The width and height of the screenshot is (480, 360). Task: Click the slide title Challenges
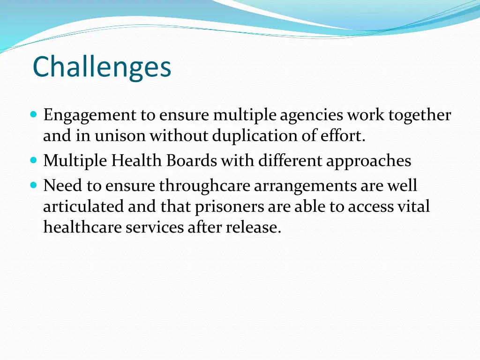102,67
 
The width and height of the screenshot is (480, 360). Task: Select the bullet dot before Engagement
33,114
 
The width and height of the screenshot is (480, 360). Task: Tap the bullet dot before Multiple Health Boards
33,160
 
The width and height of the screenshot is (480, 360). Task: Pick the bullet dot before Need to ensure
33,185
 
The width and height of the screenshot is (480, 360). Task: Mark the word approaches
368,161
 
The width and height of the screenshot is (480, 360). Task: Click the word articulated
83,206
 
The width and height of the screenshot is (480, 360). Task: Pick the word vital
413,206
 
